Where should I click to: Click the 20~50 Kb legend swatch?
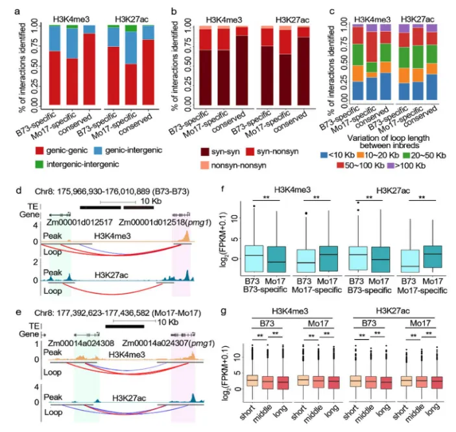coord(421,157)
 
